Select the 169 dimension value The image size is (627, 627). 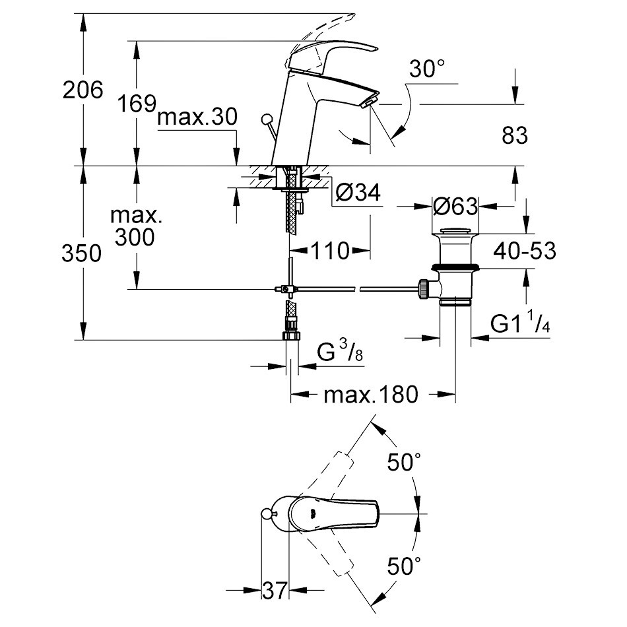pyautogui.click(x=136, y=104)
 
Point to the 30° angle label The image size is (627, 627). pyautogui.click(x=427, y=69)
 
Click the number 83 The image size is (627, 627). pyautogui.click(x=515, y=136)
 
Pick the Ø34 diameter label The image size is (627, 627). pyautogui.click(x=358, y=193)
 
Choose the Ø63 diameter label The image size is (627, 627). pyautogui.click(x=455, y=207)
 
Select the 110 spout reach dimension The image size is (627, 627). pyautogui.click(x=329, y=251)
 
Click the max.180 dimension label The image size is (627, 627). pyautogui.click(x=371, y=395)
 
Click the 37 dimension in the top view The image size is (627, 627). pyautogui.click(x=275, y=591)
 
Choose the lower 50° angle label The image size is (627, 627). pyautogui.click(x=404, y=566)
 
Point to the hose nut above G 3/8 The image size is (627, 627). pyautogui.click(x=290, y=335)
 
